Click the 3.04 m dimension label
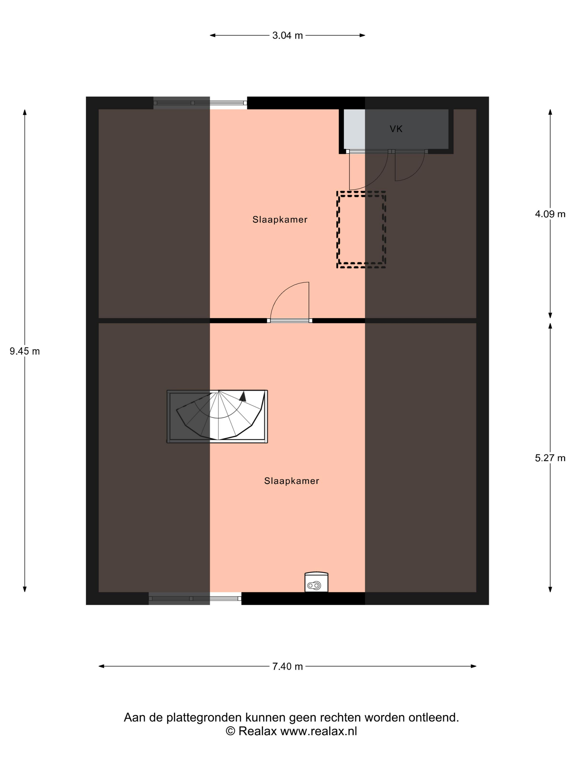(x=287, y=35)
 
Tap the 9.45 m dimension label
(x=25, y=351)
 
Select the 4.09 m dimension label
(x=550, y=214)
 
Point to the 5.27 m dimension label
(x=550, y=458)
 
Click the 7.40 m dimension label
(x=287, y=666)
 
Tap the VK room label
(x=396, y=129)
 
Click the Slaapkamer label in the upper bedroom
(x=280, y=219)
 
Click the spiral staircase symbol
(x=217, y=416)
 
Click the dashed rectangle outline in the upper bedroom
(x=361, y=191)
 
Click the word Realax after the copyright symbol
(x=258, y=731)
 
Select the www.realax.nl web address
(x=318, y=731)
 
